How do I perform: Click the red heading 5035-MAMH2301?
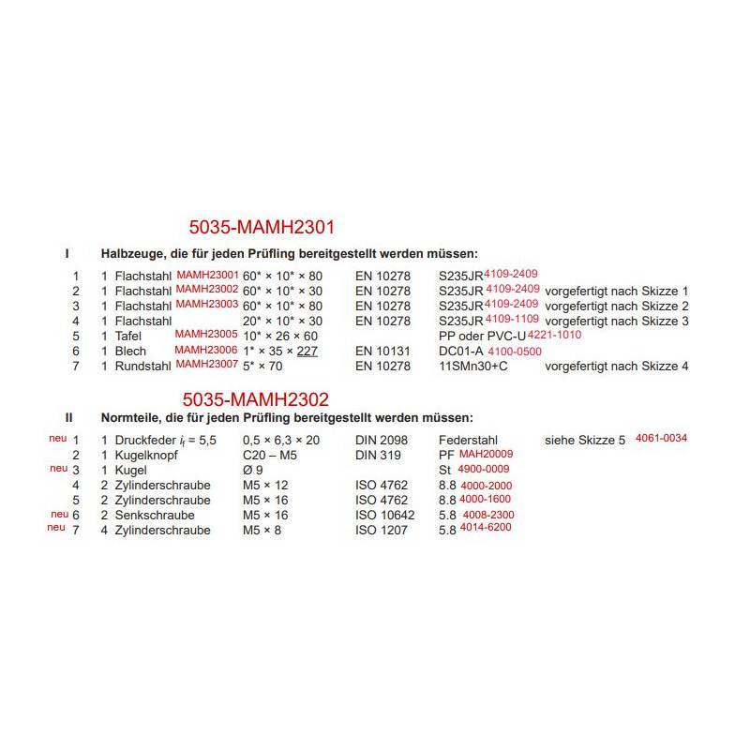pyautogui.click(x=262, y=226)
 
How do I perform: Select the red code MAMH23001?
pyautogui.click(x=207, y=274)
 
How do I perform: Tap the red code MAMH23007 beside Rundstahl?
pyautogui.click(x=207, y=364)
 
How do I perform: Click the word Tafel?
pyautogui.click(x=129, y=336)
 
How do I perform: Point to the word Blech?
pyautogui.click(x=130, y=351)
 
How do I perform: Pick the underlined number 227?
pyautogui.click(x=307, y=351)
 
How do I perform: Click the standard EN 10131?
pyautogui.click(x=383, y=351)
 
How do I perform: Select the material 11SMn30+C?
pyautogui.click(x=473, y=366)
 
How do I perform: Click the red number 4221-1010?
pyautogui.click(x=555, y=335)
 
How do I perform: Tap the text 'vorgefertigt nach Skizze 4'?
pyautogui.click(x=617, y=366)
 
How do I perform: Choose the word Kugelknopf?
pyautogui.click(x=146, y=455)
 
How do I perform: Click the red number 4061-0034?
pyautogui.click(x=662, y=438)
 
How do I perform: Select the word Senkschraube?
pyautogui.click(x=155, y=515)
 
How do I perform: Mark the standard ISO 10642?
pyautogui.click(x=385, y=515)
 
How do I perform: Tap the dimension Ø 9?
pyautogui.click(x=253, y=470)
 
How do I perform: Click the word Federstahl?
pyautogui.click(x=468, y=440)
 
